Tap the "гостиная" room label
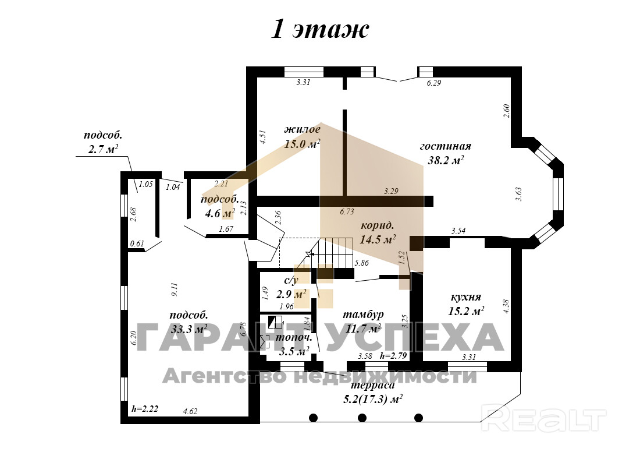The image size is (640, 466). click(x=445, y=146)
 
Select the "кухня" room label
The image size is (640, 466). click(x=465, y=297)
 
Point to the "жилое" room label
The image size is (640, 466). click(x=302, y=129)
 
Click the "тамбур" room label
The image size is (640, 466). click(x=363, y=315)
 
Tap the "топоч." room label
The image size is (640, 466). click(x=294, y=337)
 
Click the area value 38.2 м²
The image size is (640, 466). click(x=445, y=160)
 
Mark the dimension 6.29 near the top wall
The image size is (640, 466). click(x=434, y=83)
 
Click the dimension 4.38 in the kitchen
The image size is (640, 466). click(x=505, y=306)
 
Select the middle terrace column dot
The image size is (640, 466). click(x=362, y=417)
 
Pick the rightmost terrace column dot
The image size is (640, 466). click(x=418, y=417)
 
